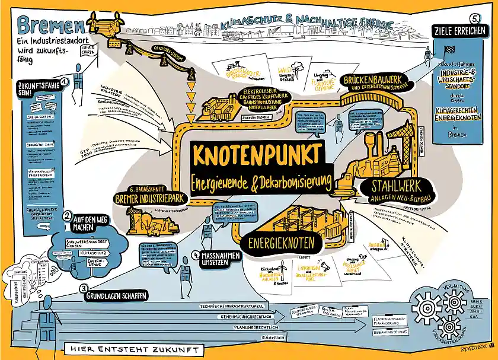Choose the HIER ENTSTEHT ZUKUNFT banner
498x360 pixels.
pyautogui.click(x=133, y=349)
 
